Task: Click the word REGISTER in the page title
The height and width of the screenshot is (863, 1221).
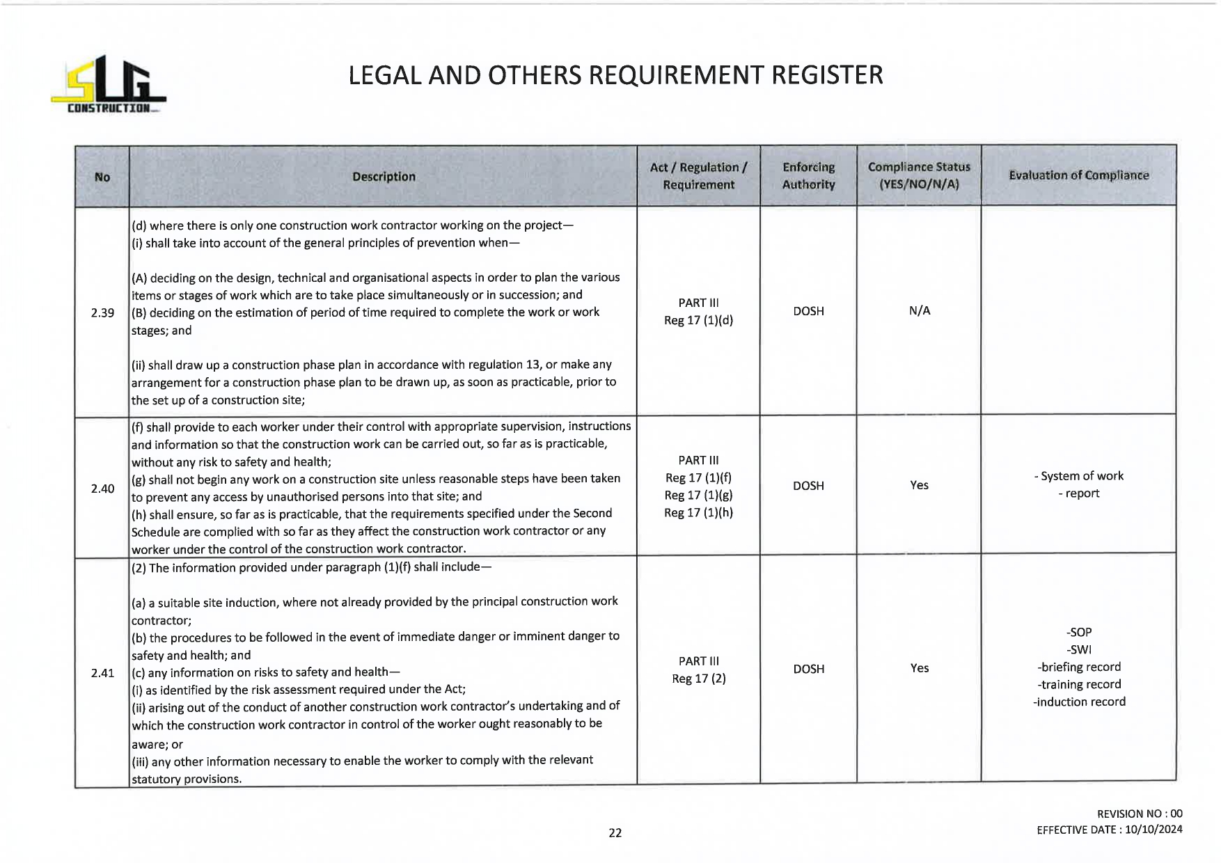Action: (x=827, y=75)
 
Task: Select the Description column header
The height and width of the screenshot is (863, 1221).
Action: (x=384, y=177)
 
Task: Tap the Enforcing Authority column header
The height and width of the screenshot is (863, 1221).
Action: (x=808, y=176)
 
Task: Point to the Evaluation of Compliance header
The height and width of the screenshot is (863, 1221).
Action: (x=1078, y=175)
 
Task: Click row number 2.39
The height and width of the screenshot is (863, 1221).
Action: (x=102, y=312)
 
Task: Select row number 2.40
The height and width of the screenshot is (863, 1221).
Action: (x=102, y=489)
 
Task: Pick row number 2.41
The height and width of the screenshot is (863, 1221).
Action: (x=102, y=673)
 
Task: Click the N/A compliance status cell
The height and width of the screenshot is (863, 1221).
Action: (x=919, y=311)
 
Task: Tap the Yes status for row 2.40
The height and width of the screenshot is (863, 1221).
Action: (x=919, y=485)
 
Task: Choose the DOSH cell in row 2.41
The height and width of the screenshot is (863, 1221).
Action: (x=808, y=669)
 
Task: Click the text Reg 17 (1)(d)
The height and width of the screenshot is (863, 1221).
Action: (x=698, y=320)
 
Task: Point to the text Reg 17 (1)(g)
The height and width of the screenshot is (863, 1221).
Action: (x=698, y=495)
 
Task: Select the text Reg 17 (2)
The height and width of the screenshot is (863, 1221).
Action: (x=698, y=679)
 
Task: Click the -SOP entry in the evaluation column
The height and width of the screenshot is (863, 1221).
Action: (x=1079, y=632)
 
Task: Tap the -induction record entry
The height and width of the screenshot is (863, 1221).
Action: (x=1079, y=702)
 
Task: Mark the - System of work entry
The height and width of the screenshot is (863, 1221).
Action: (x=1079, y=476)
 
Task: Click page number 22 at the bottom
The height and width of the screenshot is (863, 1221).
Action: (x=615, y=832)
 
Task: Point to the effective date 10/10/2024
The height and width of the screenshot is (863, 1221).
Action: (x=1153, y=830)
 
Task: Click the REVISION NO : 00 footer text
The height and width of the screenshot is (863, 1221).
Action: (x=1139, y=814)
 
